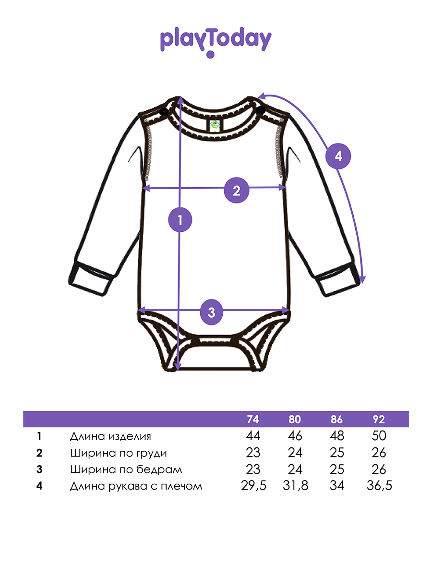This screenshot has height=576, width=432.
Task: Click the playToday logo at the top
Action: tap(216, 42)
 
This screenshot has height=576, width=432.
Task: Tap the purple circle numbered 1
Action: tap(180, 220)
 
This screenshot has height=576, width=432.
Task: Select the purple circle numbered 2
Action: tap(236, 190)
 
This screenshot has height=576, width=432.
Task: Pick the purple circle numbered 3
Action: tap(211, 312)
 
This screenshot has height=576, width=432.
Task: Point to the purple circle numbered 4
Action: tap(338, 156)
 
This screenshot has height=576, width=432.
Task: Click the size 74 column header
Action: tap(253, 420)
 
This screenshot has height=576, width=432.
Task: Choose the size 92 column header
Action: tap(379, 420)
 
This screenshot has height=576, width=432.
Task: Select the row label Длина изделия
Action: tap(110, 436)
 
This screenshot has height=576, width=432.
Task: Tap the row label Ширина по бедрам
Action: tap(126, 469)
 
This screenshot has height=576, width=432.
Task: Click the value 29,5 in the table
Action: tap(253, 486)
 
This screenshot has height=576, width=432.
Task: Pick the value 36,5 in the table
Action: tap(379, 486)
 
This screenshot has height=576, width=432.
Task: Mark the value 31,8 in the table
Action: tap(295, 486)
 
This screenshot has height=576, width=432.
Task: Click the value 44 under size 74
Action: tap(253, 436)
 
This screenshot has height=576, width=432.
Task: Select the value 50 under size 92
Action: tap(379, 436)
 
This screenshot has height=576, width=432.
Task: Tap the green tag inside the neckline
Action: tap(215, 125)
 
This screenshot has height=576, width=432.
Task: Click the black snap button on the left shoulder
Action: tap(164, 112)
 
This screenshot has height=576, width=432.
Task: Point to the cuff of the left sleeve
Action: tap(91, 278)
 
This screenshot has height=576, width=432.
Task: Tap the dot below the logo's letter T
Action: tap(210, 54)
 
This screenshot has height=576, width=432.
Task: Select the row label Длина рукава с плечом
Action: tap(136, 486)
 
